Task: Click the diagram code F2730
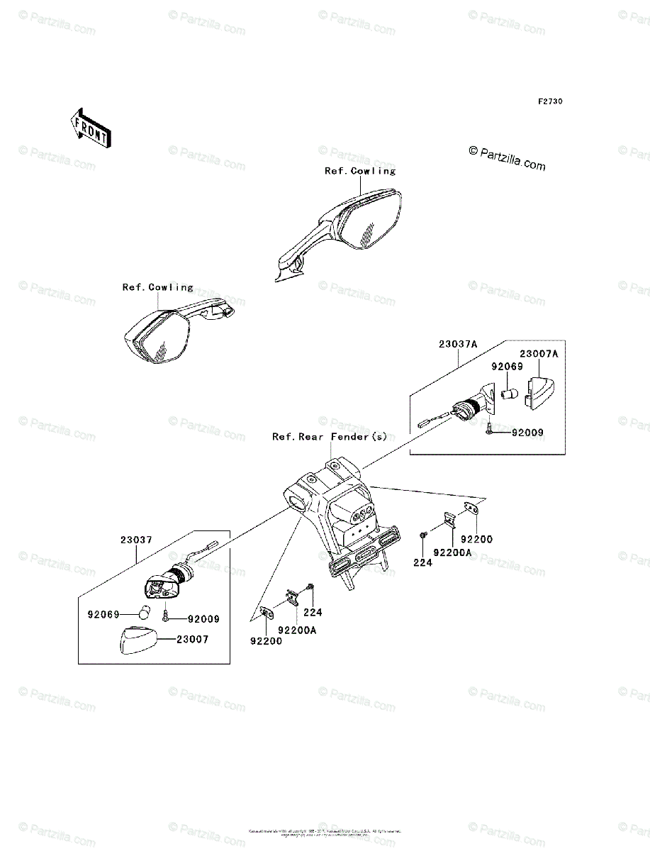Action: pyautogui.click(x=549, y=101)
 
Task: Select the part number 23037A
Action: pyautogui.click(x=458, y=344)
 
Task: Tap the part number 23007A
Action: pyautogui.click(x=539, y=353)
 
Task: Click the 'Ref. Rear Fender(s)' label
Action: pyautogui.click(x=330, y=437)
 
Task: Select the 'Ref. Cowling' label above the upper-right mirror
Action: pyautogui.click(x=360, y=171)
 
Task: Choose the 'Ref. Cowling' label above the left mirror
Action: pyautogui.click(x=157, y=287)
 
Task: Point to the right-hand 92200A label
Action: pyautogui.click(x=452, y=552)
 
